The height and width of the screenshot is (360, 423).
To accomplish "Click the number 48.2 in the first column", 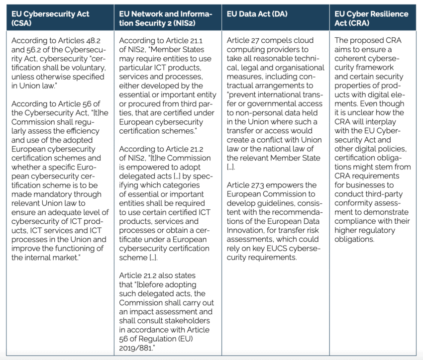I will (x=95, y=40).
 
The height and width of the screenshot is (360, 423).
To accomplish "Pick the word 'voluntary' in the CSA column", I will (x=89, y=68).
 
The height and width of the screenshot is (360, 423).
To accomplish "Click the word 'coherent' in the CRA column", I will (x=350, y=58).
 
